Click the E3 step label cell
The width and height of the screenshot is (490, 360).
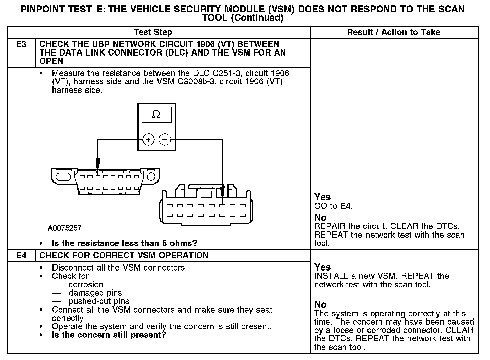point(21,44)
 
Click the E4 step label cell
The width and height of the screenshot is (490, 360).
point(21,255)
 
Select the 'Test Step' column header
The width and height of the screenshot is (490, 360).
point(153,32)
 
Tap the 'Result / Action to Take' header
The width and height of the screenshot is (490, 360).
point(393,32)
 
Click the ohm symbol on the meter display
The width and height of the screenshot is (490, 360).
point(156,115)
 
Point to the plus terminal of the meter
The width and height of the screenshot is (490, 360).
point(148,139)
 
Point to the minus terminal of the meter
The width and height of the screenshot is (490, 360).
point(165,139)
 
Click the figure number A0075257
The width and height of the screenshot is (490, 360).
point(65,228)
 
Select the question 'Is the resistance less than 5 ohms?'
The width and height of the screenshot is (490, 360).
point(124,243)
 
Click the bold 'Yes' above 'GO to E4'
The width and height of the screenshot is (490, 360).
point(322,197)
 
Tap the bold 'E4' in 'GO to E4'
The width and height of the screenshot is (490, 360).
point(346,206)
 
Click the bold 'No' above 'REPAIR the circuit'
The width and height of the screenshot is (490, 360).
point(320,218)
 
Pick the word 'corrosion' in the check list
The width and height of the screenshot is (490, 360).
point(86,285)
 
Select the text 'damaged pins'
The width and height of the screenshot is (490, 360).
point(95,293)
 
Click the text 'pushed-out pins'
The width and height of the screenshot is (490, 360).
point(99,301)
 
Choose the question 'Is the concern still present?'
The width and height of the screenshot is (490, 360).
point(109,335)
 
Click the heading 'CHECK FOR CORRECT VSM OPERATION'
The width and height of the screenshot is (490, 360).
point(124,255)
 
